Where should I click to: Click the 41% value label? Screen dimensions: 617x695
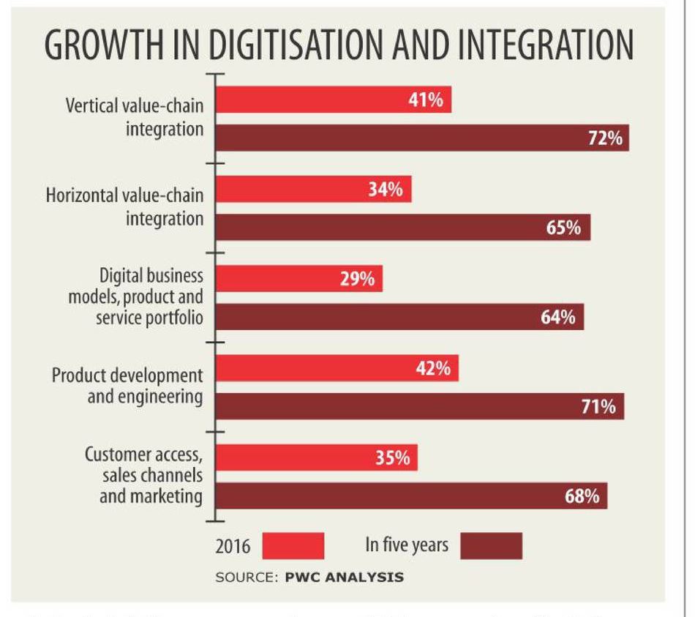point(425,100)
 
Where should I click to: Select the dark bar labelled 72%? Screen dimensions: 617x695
point(422,138)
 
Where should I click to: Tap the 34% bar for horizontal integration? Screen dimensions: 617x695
point(315,190)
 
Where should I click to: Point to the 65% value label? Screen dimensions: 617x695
point(563,228)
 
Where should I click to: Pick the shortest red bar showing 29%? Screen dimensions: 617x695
point(300,279)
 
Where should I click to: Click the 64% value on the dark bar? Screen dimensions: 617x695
point(557,318)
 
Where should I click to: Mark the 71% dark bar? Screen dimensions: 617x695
point(420,406)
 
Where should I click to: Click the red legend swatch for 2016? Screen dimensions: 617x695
point(293,546)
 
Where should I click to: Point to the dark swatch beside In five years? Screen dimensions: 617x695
point(492,546)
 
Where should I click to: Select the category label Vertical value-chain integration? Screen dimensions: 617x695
point(135,117)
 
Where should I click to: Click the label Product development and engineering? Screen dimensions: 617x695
point(127,386)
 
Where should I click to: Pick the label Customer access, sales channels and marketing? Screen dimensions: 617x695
point(143,475)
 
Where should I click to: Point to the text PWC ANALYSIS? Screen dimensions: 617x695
point(344,577)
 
